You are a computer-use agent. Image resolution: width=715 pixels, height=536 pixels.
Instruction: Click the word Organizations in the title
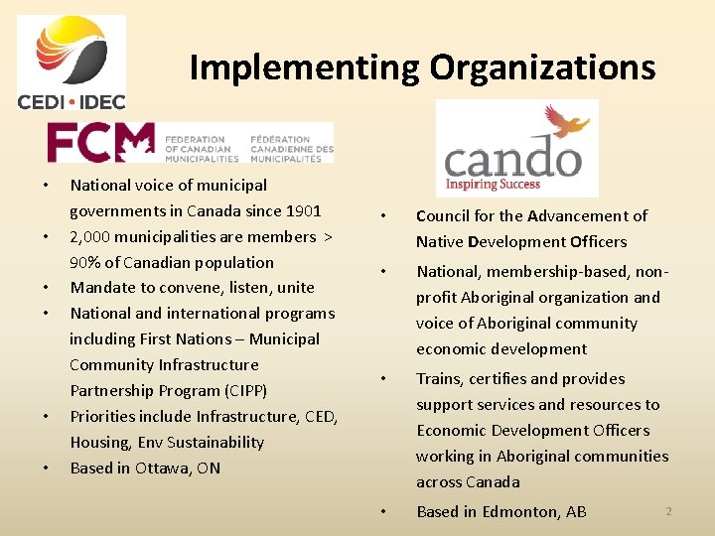(x=542, y=67)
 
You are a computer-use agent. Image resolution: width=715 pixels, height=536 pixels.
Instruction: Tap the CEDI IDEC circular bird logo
(x=71, y=55)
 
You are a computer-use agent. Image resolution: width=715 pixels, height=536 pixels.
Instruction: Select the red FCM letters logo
(x=100, y=142)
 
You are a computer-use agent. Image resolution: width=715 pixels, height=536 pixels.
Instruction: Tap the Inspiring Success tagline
(x=493, y=184)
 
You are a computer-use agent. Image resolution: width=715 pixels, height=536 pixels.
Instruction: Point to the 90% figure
(x=85, y=262)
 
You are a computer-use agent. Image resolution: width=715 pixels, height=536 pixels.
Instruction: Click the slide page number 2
(x=668, y=510)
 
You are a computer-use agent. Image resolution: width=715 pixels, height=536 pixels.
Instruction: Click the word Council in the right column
(x=445, y=215)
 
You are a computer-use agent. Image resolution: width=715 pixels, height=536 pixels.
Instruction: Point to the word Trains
(x=438, y=378)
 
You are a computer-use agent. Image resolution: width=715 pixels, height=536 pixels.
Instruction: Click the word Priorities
(x=104, y=416)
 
